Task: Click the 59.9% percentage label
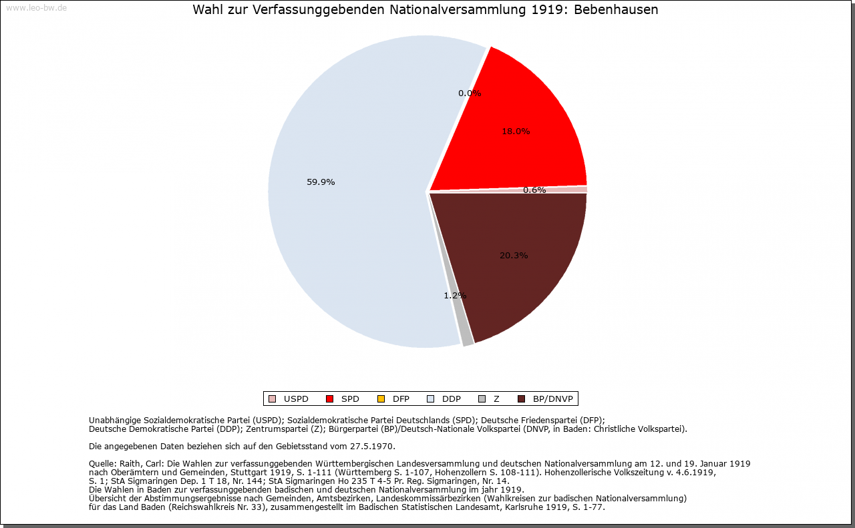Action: [x=321, y=182]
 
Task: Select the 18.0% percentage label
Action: [x=516, y=131]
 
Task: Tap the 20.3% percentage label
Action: [x=514, y=255]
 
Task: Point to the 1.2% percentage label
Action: [x=455, y=295]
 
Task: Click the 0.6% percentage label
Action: [x=534, y=190]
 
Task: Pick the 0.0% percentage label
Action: [x=470, y=93]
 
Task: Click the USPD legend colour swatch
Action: [x=272, y=399]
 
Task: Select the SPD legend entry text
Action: [x=350, y=399]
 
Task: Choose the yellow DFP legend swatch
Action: [x=381, y=399]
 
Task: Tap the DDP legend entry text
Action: [x=452, y=399]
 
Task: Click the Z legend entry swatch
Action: [x=482, y=399]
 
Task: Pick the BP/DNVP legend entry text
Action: [x=552, y=399]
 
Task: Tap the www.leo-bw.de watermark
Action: [x=36, y=8]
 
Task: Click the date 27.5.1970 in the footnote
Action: [x=372, y=446]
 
